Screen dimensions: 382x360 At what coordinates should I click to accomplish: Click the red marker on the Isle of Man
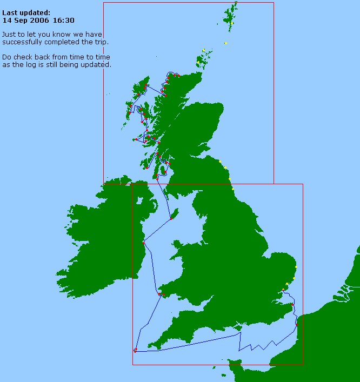click(x=171, y=218)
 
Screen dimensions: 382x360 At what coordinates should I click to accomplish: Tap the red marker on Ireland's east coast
click(x=143, y=243)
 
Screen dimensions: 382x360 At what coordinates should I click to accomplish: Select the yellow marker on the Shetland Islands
click(x=231, y=23)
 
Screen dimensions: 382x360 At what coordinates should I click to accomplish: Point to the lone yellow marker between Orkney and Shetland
click(x=225, y=43)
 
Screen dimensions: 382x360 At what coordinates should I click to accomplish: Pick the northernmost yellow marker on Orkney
click(x=203, y=51)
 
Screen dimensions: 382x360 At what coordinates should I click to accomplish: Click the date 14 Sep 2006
click(x=25, y=20)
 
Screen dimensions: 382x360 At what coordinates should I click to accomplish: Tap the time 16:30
click(x=64, y=20)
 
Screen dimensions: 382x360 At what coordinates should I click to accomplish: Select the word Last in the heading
click(x=10, y=12)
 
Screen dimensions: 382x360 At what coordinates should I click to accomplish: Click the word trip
click(x=101, y=42)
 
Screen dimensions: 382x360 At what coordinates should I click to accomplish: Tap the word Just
click(x=9, y=34)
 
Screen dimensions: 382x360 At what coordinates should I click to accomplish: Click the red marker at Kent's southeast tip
click(x=296, y=324)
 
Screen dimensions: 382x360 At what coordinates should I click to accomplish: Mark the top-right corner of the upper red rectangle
click(x=274, y=3)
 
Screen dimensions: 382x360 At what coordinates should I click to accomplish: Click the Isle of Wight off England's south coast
click(x=236, y=326)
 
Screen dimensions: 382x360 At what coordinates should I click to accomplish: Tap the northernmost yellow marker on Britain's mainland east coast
click(x=220, y=161)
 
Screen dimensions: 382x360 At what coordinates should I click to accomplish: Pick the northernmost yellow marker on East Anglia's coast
click(x=296, y=267)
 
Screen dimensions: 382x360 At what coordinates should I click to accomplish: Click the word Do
click(x=6, y=57)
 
